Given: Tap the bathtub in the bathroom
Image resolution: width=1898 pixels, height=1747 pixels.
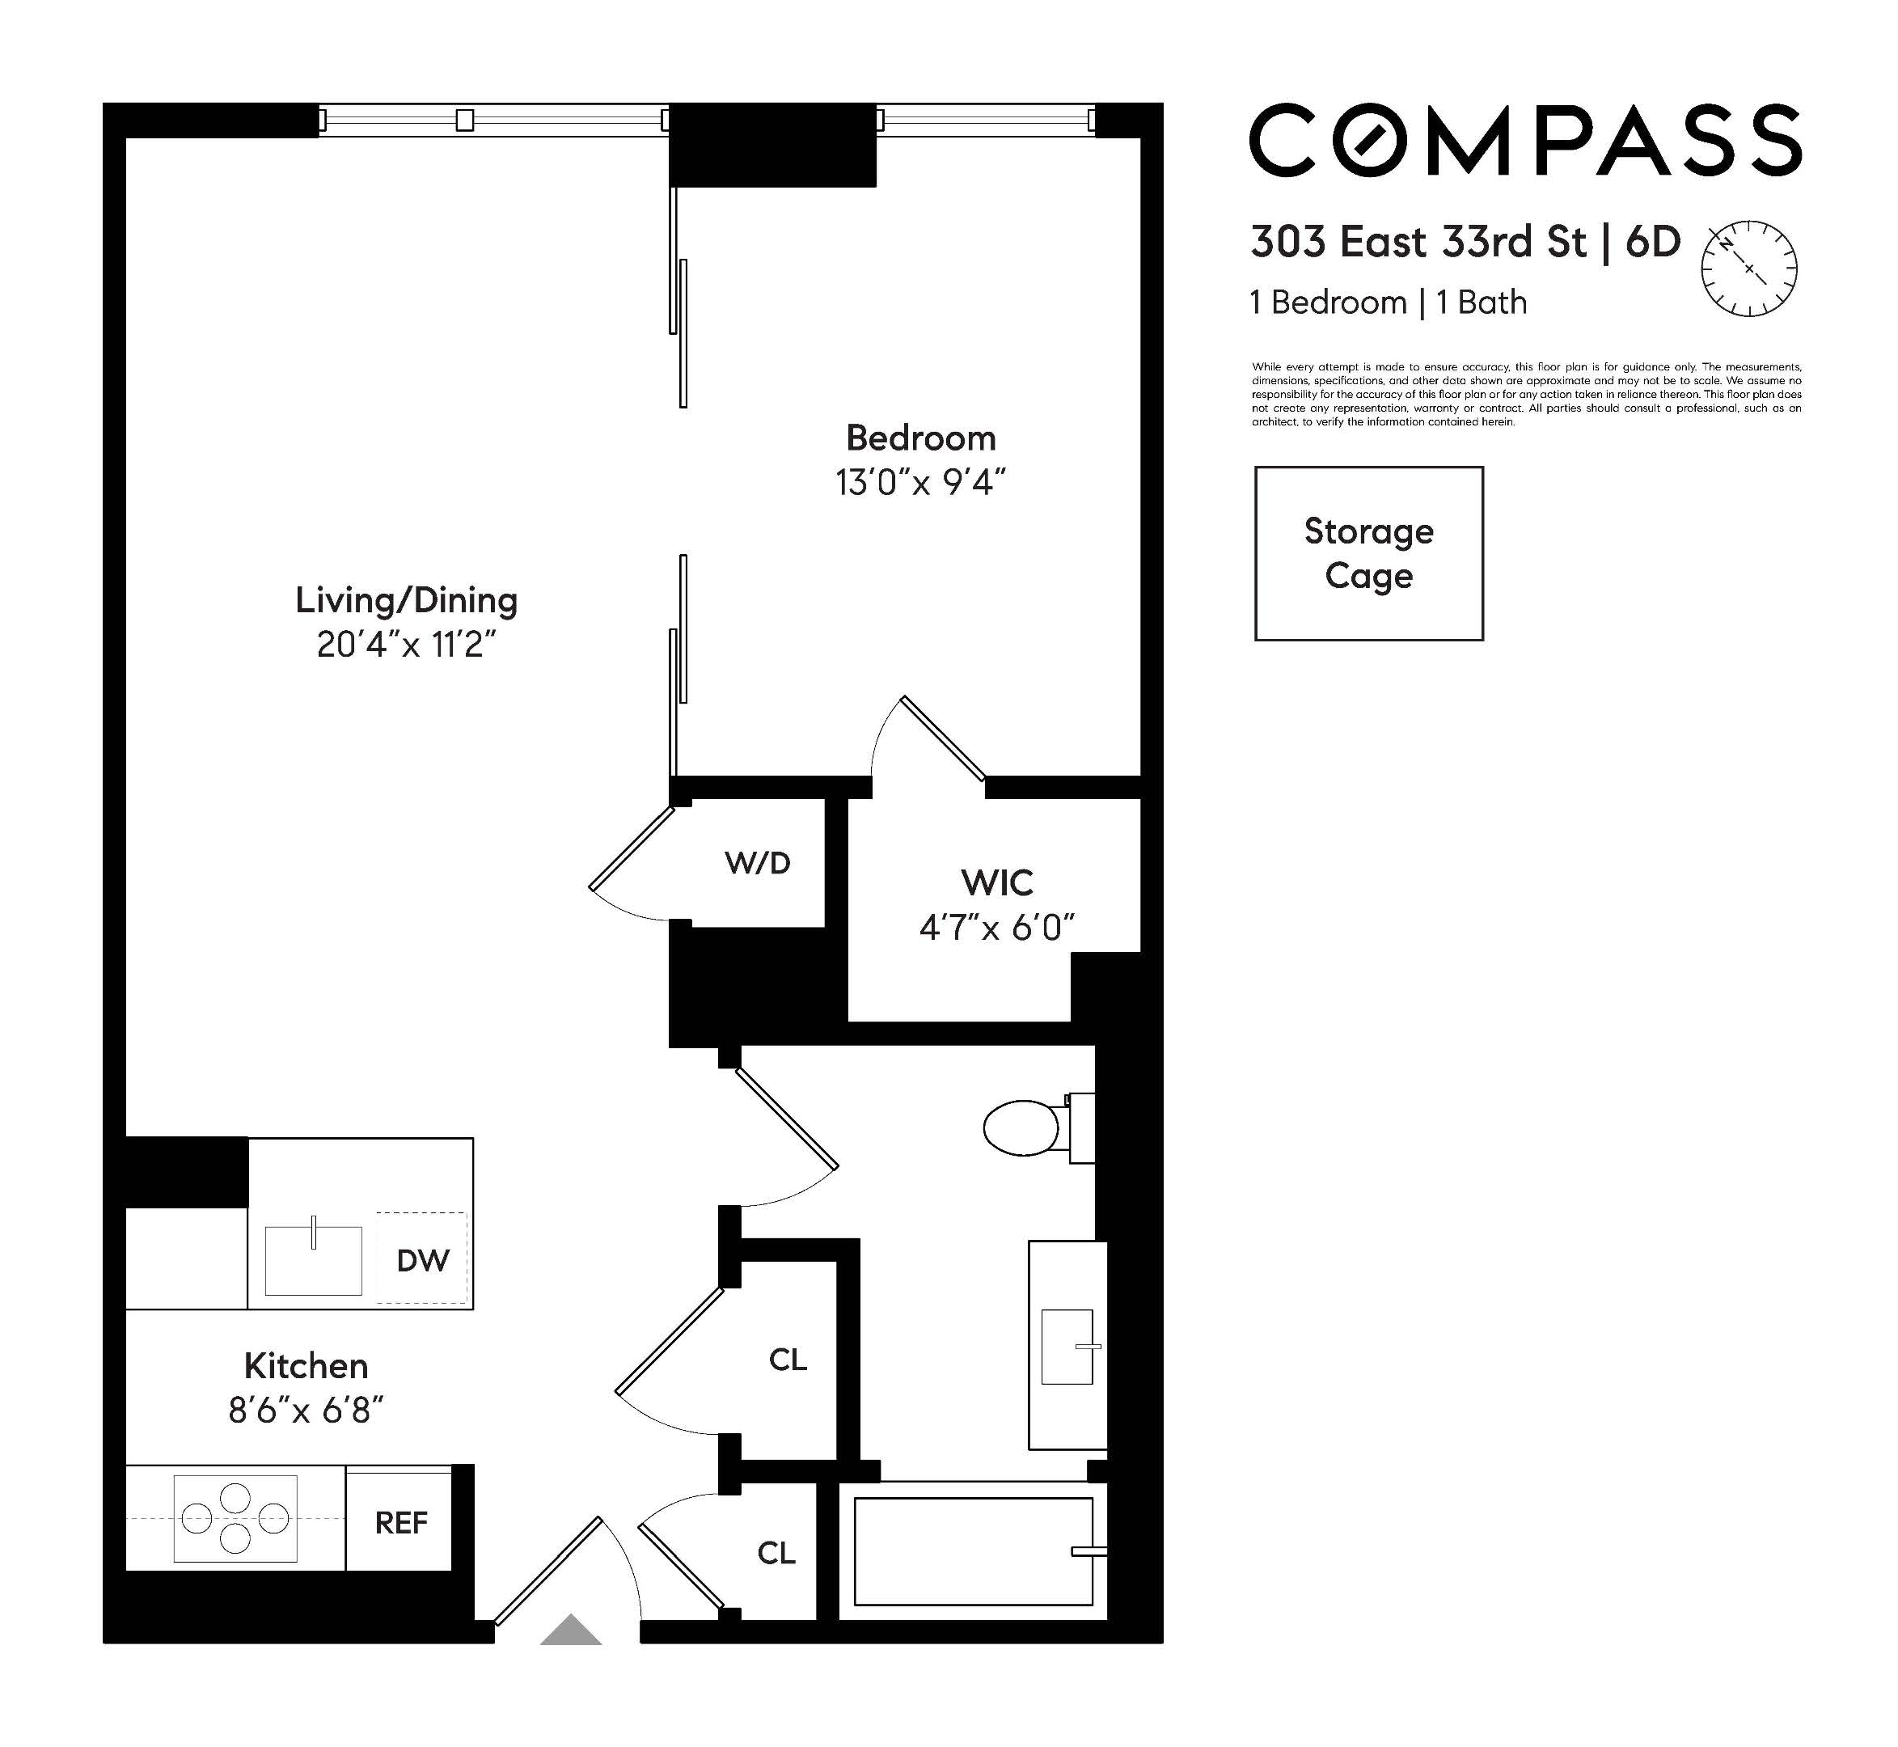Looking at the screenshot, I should pos(973,1551).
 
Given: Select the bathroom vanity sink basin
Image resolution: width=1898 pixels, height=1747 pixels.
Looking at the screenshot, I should pos(1066,1346).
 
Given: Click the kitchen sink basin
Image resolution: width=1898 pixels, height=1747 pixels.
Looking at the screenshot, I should pos(313,1261).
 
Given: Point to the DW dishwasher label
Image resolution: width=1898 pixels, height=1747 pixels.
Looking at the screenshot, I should pos(422,1260).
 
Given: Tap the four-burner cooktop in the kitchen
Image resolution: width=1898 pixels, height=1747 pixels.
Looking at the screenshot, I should pos(235,1518).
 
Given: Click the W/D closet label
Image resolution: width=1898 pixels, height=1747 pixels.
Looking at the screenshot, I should pos(757,862).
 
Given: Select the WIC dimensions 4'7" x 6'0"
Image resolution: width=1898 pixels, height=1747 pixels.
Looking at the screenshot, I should pos(997,928).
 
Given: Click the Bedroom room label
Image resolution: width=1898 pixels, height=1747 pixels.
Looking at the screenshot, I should pos(920,438).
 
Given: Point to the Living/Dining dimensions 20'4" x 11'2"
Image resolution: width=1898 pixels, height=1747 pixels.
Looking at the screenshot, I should pos(407,645).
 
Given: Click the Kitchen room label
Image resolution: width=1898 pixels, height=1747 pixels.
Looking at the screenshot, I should pos(306,1365).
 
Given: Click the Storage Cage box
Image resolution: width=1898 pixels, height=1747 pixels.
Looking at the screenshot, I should pos(1368,553).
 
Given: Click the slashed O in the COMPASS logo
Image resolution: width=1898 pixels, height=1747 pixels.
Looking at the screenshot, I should pos(1371,140).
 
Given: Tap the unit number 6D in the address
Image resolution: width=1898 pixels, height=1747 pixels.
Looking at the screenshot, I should pos(1653,242).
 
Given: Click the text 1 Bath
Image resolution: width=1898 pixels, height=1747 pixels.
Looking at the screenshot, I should pos(1482,302).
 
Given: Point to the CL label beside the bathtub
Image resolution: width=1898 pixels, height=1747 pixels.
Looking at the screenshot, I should pos(776,1552).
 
